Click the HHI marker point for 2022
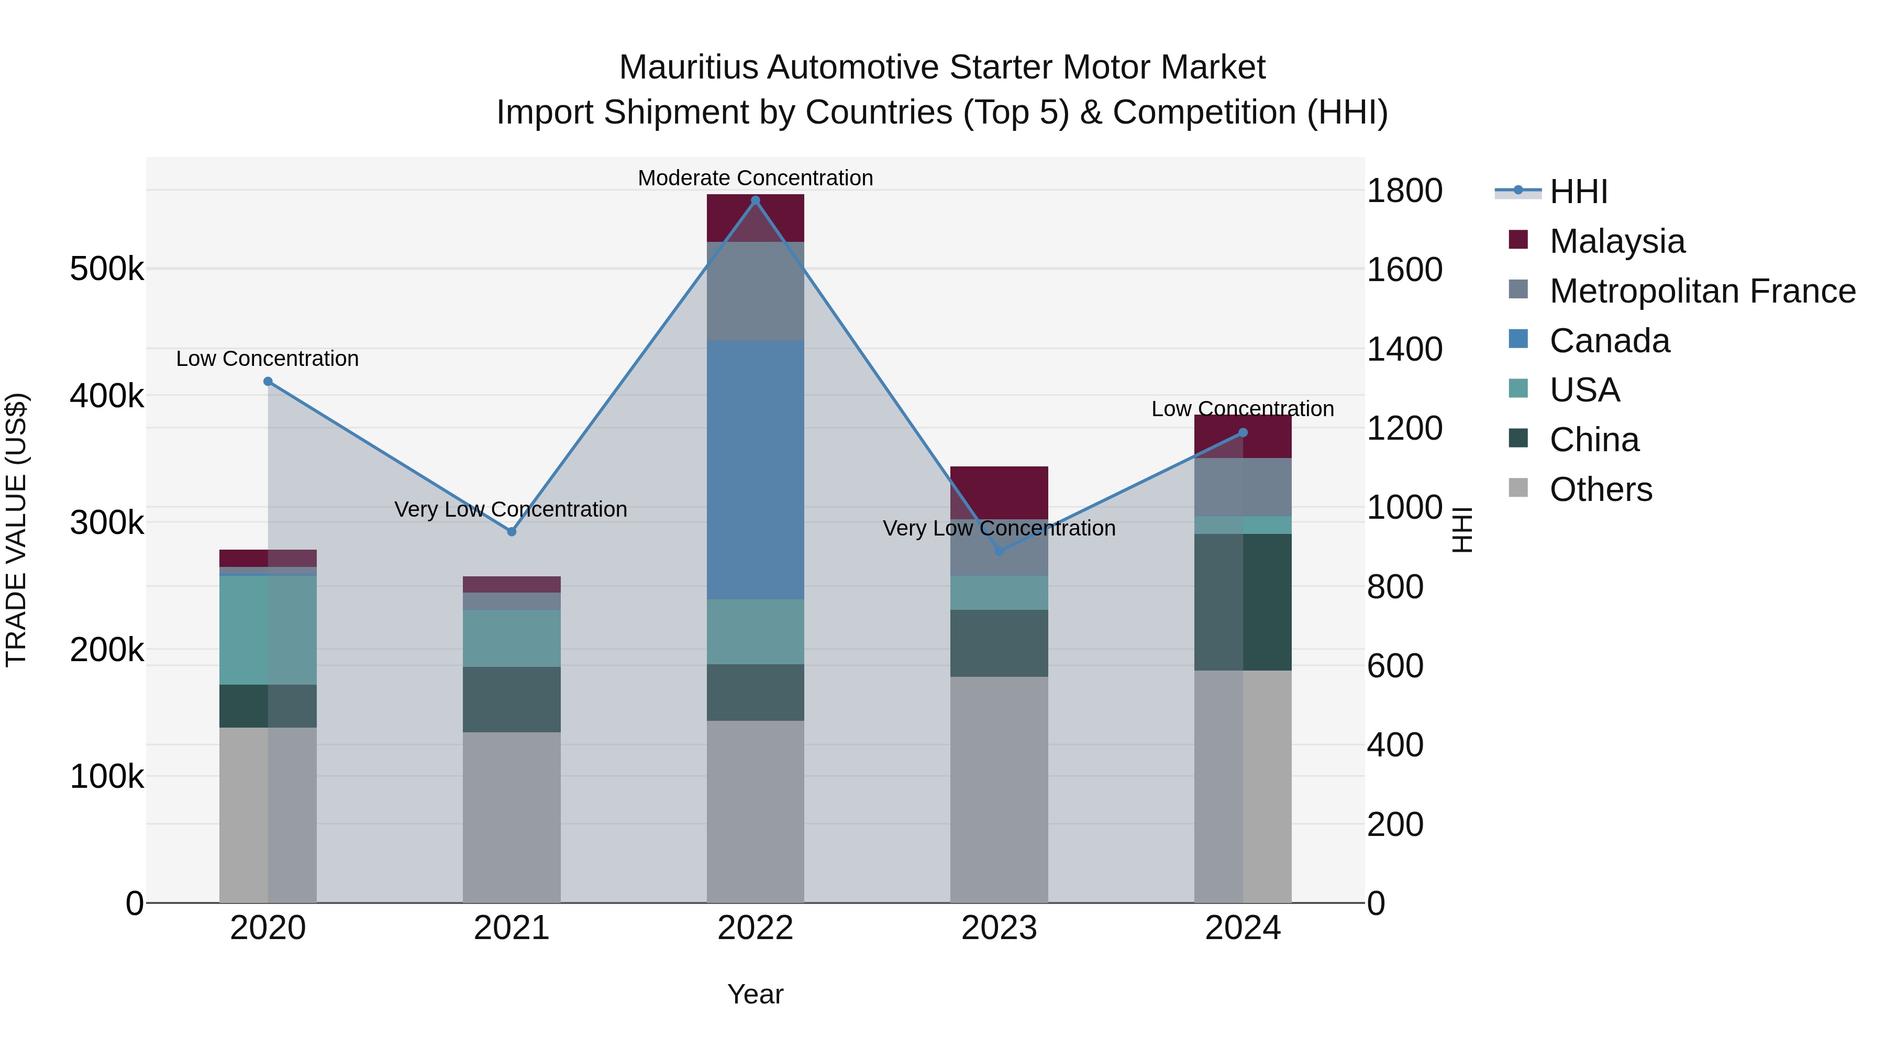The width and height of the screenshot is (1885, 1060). pyautogui.click(x=755, y=200)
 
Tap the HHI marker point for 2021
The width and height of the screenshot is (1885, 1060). pyautogui.click(x=512, y=532)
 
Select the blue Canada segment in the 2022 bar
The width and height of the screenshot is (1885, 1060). pyautogui.click(x=755, y=470)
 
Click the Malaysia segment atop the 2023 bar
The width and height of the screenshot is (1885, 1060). pyautogui.click(x=999, y=493)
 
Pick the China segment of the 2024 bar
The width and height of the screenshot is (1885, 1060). pyautogui.click(x=1243, y=602)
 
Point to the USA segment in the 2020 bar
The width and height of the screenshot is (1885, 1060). pyautogui.click(x=268, y=630)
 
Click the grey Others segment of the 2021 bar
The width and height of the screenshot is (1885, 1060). pyautogui.click(x=512, y=817)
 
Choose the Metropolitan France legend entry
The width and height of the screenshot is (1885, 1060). pyautogui.click(x=1702, y=291)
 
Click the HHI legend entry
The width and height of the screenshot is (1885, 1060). pyautogui.click(x=1578, y=192)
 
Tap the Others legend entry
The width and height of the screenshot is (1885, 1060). pyautogui.click(x=1600, y=489)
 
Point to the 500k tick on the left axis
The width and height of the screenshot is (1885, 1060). pyautogui.click(x=107, y=269)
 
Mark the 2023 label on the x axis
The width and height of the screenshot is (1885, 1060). pyautogui.click(x=999, y=928)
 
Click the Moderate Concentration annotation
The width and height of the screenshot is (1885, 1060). pyautogui.click(x=755, y=178)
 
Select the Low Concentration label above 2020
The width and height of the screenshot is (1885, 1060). pyautogui.click(x=267, y=359)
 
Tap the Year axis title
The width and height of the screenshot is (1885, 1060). pyautogui.click(x=755, y=994)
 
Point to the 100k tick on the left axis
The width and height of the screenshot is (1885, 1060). pyautogui.click(x=107, y=776)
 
